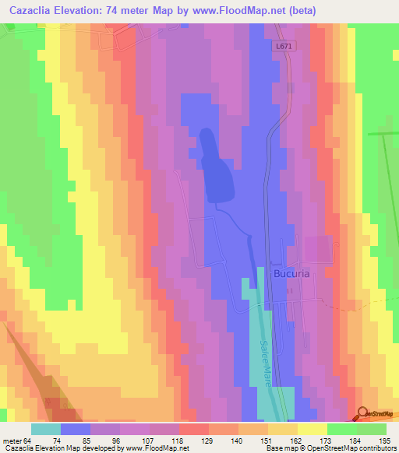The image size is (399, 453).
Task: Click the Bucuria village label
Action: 294,274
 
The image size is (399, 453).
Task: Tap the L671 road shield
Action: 284,47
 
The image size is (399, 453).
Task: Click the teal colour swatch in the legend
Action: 46,429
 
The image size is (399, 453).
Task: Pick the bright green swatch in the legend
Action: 341,429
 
